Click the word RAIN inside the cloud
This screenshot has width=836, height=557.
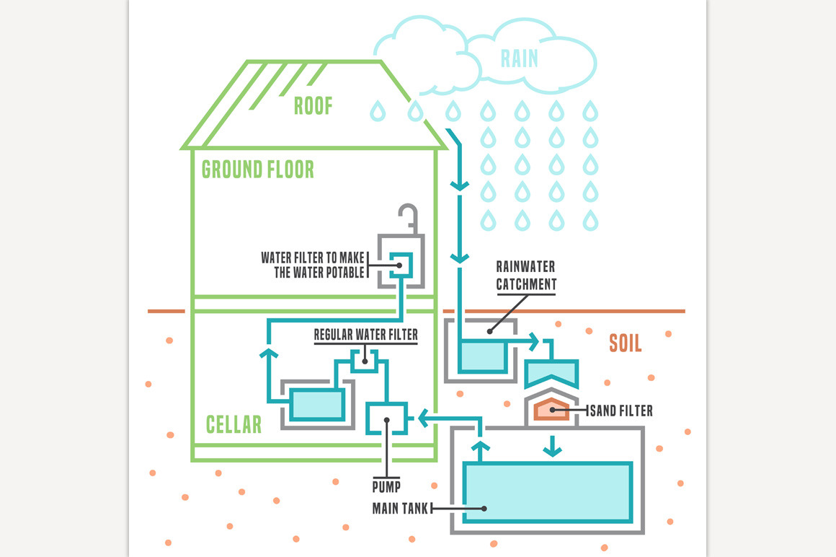click(x=520, y=57)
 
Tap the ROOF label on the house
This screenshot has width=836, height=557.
click(x=313, y=106)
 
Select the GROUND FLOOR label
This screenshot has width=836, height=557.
click(x=258, y=170)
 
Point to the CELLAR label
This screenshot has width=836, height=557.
click(x=234, y=424)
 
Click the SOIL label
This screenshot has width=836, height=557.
click(x=625, y=343)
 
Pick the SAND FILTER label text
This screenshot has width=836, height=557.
click(x=622, y=411)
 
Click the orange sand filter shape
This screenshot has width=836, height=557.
click(x=551, y=409)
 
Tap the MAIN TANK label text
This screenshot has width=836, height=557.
click(x=400, y=508)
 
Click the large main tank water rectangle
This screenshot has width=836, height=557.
click(x=547, y=491)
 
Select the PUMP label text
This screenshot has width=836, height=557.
click(x=386, y=486)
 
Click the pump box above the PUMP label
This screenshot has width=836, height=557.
click(x=387, y=416)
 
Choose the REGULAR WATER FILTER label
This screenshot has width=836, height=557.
click(x=365, y=335)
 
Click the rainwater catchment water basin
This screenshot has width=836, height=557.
click(x=482, y=354)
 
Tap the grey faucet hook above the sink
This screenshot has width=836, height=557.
click(x=408, y=214)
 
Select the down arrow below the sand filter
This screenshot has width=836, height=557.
click(x=552, y=447)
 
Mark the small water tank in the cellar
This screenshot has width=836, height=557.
click(x=317, y=404)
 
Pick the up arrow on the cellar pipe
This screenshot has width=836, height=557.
click(x=267, y=353)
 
